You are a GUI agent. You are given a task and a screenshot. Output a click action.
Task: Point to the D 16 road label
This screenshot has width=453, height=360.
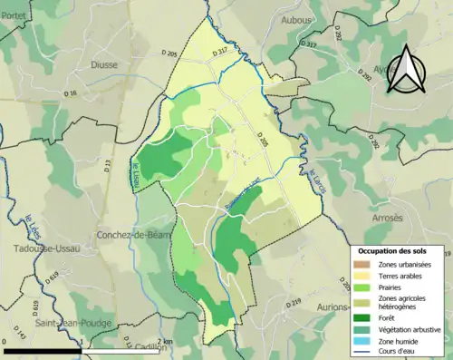click(x=71, y=92)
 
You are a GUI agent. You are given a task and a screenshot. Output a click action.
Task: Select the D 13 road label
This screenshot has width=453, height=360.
click(x=106, y=164)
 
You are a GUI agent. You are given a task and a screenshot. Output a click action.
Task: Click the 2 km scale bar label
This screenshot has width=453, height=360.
click(x=162, y=341)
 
